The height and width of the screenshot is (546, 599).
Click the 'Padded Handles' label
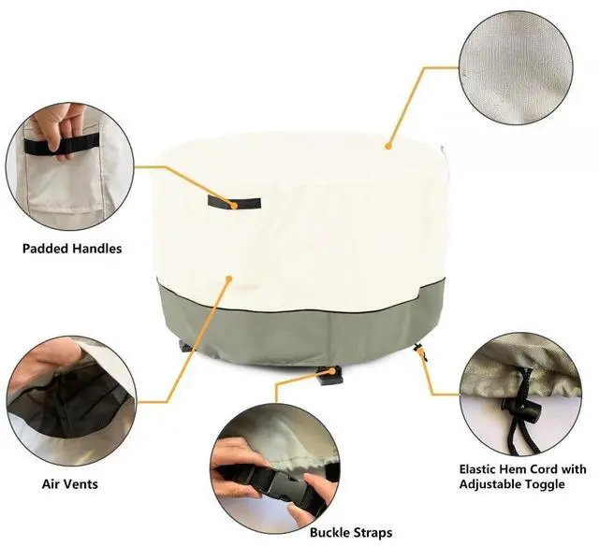point(72,249)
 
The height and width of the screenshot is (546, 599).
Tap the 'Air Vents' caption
point(70,484)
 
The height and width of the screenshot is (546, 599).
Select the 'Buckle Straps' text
point(351,532)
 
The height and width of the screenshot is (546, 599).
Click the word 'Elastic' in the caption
point(480,468)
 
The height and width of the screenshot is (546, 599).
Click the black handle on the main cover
point(234,202)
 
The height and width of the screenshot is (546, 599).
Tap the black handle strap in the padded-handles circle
point(60,145)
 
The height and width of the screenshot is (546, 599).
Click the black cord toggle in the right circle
point(522,409)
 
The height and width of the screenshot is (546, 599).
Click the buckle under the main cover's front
point(330,376)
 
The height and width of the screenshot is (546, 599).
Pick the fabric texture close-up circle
point(516,67)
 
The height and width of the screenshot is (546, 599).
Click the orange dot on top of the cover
point(388,146)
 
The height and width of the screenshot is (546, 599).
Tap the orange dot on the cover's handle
point(234,206)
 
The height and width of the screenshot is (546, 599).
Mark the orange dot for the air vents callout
point(229,279)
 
